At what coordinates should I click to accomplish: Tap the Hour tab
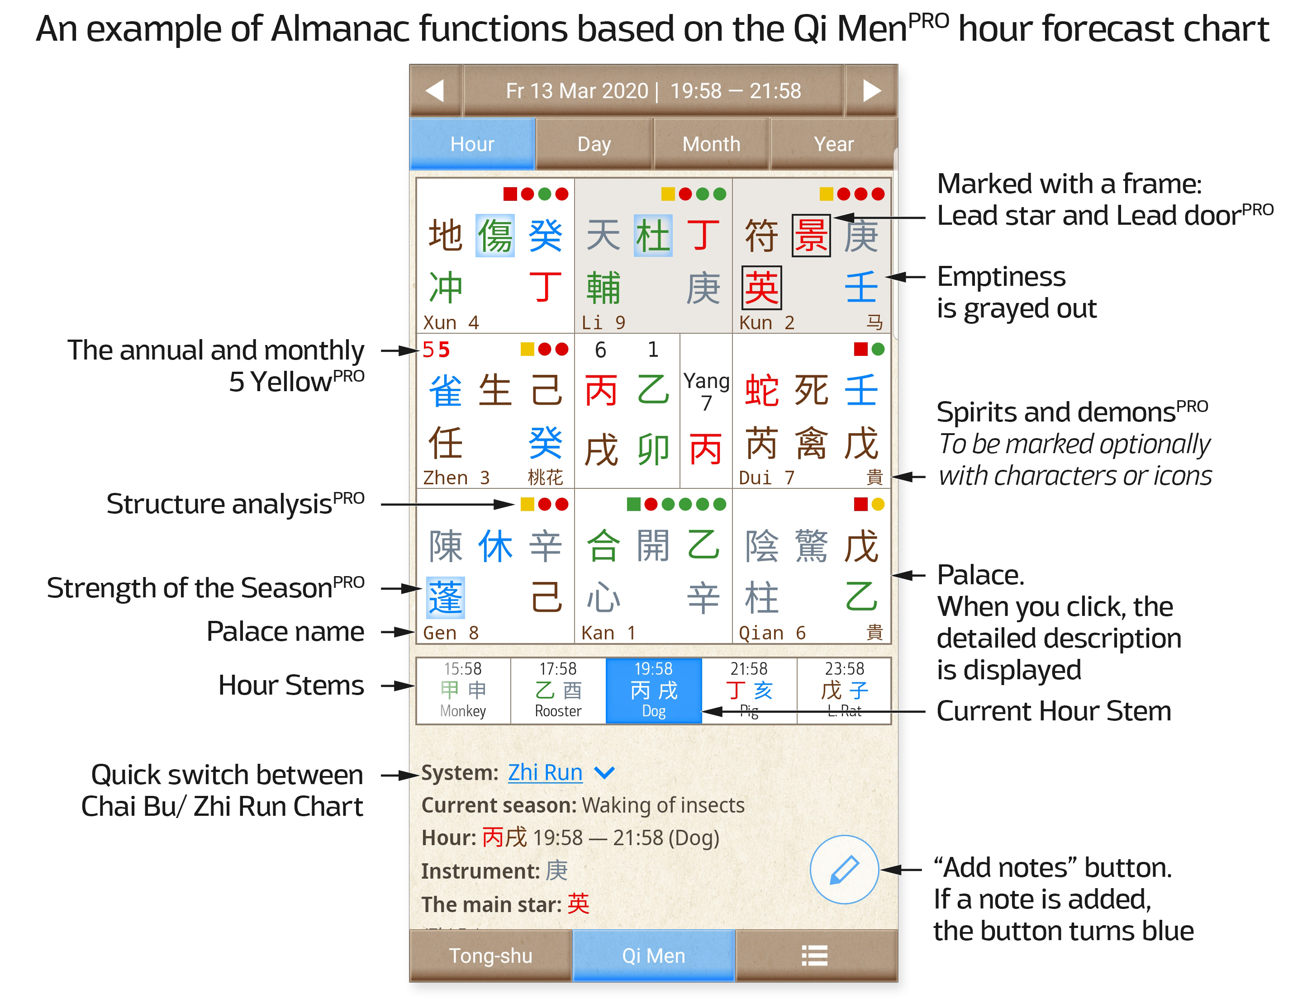[x=472, y=144]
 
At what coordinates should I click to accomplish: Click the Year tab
[x=833, y=144]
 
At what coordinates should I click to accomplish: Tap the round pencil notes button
[x=844, y=869]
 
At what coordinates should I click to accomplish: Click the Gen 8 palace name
[x=451, y=633]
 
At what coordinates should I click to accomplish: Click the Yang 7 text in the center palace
[x=706, y=392]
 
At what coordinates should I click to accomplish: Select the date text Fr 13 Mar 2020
[x=576, y=91]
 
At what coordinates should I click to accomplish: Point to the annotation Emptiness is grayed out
[x=1017, y=293]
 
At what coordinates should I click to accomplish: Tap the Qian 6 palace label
[x=772, y=633]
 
